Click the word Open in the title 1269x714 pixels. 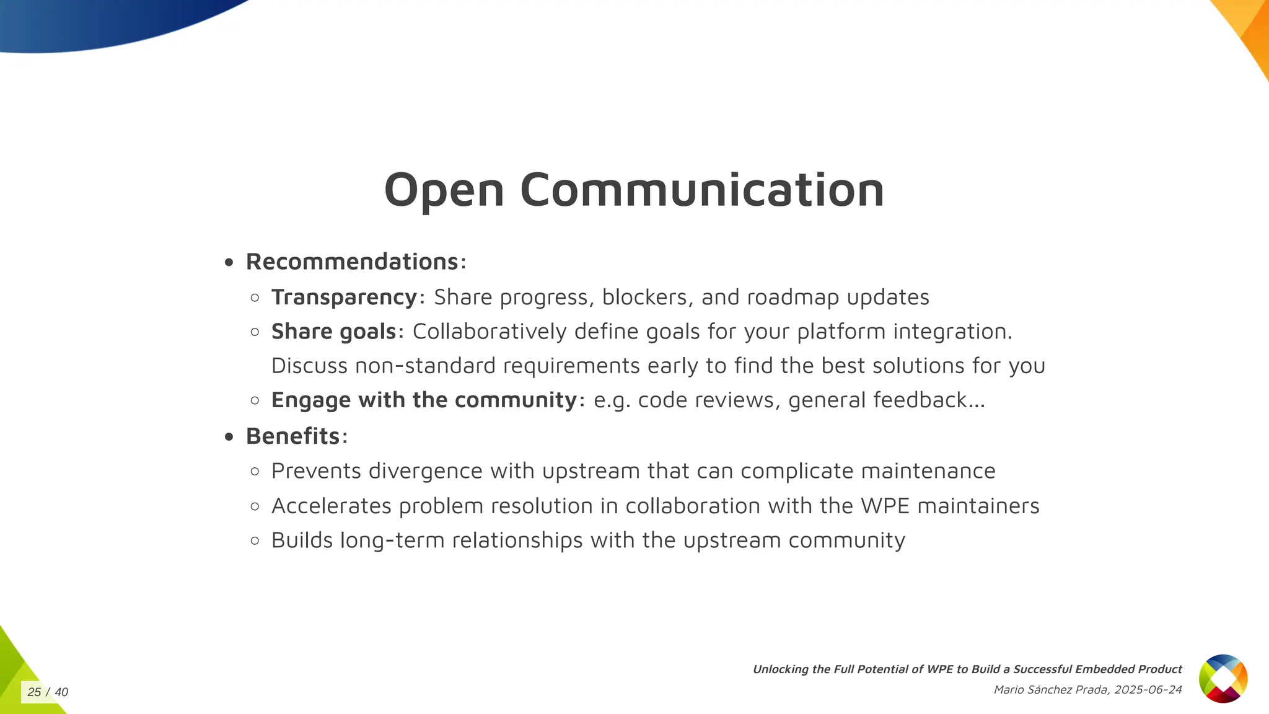click(x=444, y=190)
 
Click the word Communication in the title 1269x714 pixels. click(x=702, y=190)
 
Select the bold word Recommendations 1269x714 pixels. click(x=352, y=262)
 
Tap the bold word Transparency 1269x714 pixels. click(x=345, y=297)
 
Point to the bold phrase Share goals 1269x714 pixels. click(x=333, y=332)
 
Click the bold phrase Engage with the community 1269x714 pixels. click(x=424, y=400)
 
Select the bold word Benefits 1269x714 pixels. click(x=293, y=436)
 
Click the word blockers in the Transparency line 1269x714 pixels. click(x=644, y=297)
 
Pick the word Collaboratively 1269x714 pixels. click(x=490, y=332)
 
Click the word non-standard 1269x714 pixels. click(x=426, y=366)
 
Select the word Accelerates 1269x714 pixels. click(x=332, y=506)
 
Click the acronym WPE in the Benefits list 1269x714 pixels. click(x=885, y=506)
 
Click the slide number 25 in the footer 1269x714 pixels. click(x=34, y=692)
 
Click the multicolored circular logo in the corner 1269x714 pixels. click(x=1223, y=679)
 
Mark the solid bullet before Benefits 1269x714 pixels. click(x=229, y=437)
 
